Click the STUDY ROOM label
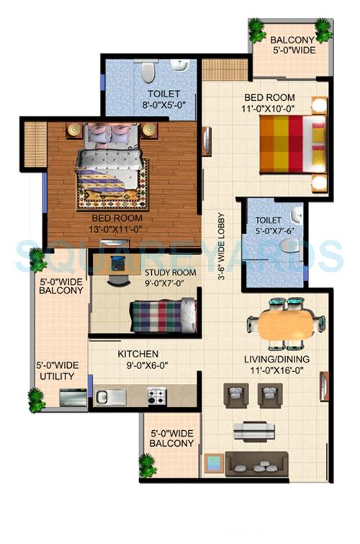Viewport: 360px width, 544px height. [x=170, y=272]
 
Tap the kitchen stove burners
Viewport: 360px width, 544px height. [x=157, y=396]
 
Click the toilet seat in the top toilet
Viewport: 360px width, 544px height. [x=148, y=71]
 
